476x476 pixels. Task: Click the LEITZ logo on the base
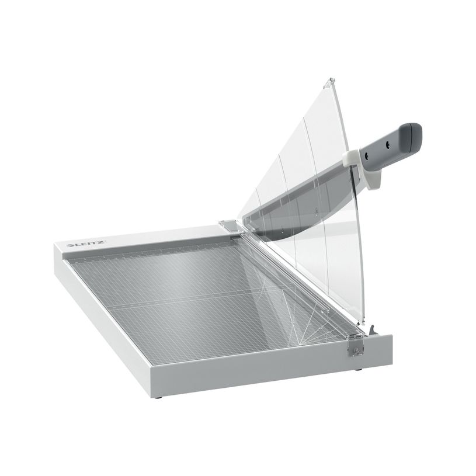[86, 244]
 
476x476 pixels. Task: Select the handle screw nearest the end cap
[388, 145]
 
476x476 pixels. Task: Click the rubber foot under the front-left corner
[158, 397]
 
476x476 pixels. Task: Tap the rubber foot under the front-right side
[359, 370]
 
